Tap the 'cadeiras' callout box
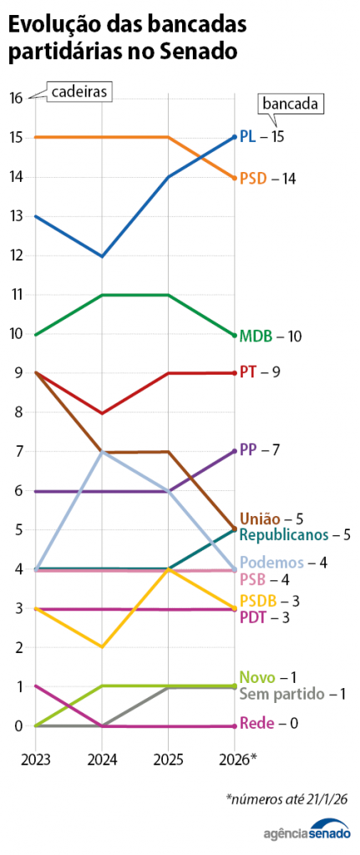click(x=79, y=92)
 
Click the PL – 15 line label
click(x=261, y=136)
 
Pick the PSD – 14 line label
click(x=267, y=179)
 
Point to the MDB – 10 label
click(x=270, y=336)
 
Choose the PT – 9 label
click(x=259, y=372)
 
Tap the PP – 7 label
click(x=259, y=450)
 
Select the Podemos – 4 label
click(x=283, y=563)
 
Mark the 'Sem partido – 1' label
click(x=292, y=694)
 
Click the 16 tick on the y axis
click(x=16, y=98)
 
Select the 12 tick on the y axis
click(x=16, y=255)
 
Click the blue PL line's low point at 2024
click(x=102, y=255)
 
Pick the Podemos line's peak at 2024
click(x=102, y=451)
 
